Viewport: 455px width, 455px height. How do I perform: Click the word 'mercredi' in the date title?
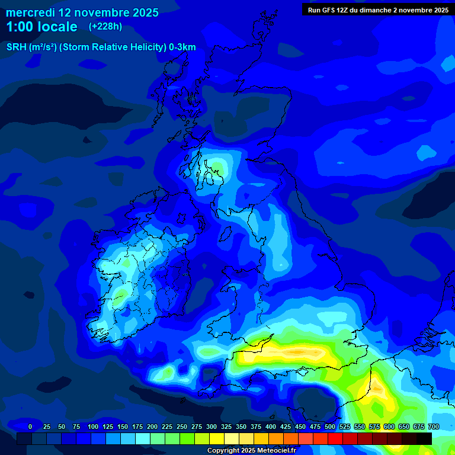pos(31,12)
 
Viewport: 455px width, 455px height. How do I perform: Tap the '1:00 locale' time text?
pos(41,27)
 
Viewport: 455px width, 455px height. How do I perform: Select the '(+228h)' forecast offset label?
pos(105,26)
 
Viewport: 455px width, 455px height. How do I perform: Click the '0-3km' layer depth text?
pos(182,47)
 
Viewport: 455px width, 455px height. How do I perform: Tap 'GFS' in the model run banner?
pos(330,10)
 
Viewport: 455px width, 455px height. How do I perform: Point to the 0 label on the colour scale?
pos(30,427)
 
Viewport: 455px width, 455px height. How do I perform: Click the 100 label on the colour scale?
pos(93,427)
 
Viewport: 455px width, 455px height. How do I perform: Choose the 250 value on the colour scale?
pos(182,427)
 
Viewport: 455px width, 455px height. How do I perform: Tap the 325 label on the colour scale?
pos(226,427)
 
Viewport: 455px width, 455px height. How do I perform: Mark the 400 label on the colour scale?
pos(271,427)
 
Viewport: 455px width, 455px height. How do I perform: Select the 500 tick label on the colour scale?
pos(330,427)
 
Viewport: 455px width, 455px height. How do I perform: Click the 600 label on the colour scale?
pos(389,427)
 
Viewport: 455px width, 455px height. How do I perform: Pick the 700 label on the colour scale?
pos(433,427)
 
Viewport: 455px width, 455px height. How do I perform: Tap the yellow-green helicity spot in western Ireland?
pos(121,294)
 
